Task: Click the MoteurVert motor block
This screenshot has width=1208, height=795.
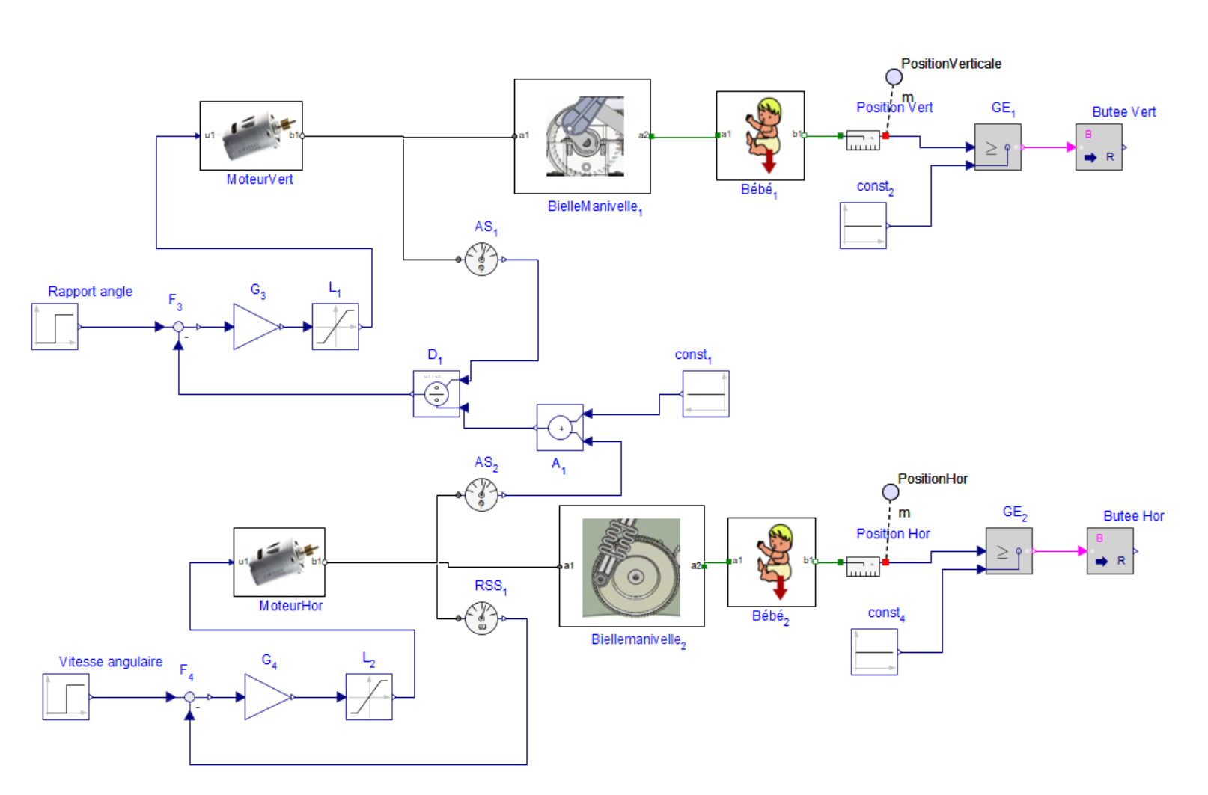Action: coord(251,136)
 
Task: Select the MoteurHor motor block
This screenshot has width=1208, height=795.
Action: coord(279,562)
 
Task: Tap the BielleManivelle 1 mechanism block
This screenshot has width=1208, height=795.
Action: coord(582,136)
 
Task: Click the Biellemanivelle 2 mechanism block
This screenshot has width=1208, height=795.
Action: coord(632,566)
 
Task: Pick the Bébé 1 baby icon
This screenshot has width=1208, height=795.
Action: coord(760,135)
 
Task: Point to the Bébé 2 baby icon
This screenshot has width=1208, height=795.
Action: coord(772,562)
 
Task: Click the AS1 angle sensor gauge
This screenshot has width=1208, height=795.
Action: coord(481,260)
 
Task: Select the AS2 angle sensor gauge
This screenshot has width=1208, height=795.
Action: coord(481,495)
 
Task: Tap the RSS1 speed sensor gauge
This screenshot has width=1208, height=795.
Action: coord(481,618)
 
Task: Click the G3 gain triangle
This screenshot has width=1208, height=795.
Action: coord(254,327)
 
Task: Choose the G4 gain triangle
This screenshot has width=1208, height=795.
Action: coord(266,697)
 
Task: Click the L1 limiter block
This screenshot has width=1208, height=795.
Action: coord(335,327)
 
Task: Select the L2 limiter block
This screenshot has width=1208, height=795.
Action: coord(369,697)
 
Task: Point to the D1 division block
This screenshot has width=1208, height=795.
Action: coord(436,394)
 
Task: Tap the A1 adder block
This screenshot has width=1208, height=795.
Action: coord(560,428)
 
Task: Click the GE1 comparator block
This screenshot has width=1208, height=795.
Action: coord(998,147)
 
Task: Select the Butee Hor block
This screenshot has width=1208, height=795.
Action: coord(1110,551)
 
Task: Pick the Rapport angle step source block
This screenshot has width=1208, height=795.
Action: coord(55,327)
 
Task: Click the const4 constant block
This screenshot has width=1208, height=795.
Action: coord(874,652)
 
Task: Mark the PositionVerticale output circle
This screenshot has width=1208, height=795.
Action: coord(894,77)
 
